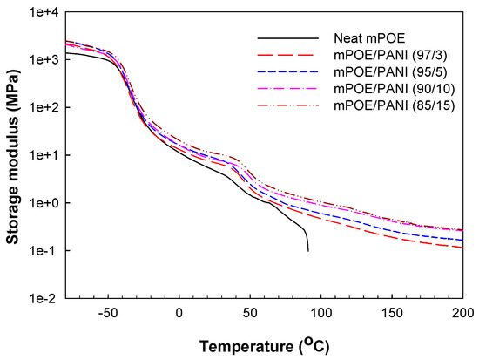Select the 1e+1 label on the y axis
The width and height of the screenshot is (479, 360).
coord(44,155)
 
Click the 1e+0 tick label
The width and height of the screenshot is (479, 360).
coord(44,203)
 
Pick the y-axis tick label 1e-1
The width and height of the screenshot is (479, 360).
coord(46,251)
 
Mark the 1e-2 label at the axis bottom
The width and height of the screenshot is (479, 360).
coord(46,298)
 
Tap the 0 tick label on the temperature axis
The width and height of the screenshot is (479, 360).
coord(179,312)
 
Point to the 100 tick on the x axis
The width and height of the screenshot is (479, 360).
coord(320,312)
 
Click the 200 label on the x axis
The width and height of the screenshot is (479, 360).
coord(461,312)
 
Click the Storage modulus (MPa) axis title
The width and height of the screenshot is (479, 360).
coord(12,155)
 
